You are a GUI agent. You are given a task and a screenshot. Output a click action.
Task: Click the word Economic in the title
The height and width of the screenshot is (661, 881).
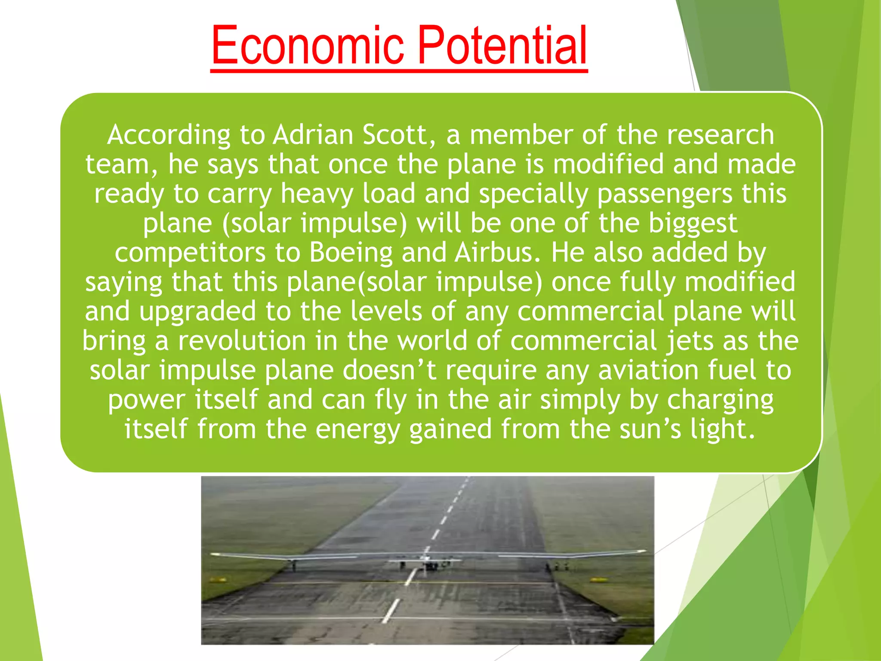click(x=307, y=45)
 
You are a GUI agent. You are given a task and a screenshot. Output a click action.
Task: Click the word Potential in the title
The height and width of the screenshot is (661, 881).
click(x=502, y=45)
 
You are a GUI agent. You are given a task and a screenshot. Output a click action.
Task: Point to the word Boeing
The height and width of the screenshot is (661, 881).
click(x=351, y=253)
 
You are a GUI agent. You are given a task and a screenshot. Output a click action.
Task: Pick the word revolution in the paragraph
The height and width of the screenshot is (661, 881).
click(x=242, y=341)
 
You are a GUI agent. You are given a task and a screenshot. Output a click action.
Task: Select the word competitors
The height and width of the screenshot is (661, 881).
click(x=190, y=253)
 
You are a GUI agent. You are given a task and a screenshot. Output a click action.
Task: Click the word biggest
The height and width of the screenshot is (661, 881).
click(x=693, y=223)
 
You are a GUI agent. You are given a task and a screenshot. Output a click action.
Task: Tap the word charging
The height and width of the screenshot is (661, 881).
click(x=720, y=400)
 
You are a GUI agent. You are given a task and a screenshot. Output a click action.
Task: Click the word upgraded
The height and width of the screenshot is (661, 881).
click(x=198, y=312)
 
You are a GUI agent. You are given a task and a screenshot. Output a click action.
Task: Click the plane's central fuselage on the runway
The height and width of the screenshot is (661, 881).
click(x=426, y=562)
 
